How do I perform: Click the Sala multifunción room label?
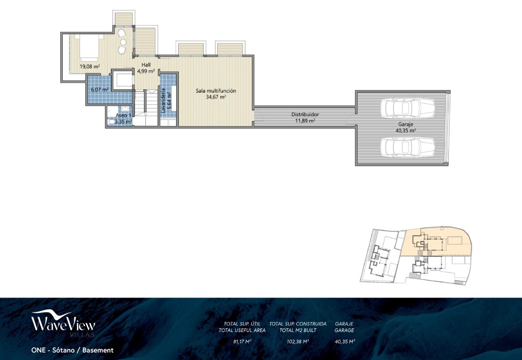pos(216,91)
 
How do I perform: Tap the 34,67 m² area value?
pos(216,97)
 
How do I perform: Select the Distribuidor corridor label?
pos(305,114)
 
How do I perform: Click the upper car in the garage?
pos(408,108)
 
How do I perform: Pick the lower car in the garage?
pos(408,147)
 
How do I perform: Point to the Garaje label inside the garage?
pos(405,125)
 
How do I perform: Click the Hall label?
pos(146,65)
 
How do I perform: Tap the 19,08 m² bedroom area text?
pos(90,67)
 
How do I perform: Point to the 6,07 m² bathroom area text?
pos(100,90)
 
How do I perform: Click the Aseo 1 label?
pos(124,116)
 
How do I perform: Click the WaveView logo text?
pos(63,323)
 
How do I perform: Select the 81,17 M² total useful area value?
pos(242,341)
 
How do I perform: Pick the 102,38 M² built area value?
pos(298,341)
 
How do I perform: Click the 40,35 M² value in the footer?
pos(345,341)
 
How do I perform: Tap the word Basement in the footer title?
pos(98,350)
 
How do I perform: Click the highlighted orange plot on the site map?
pos(436,242)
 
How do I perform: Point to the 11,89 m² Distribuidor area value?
pos(305,121)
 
